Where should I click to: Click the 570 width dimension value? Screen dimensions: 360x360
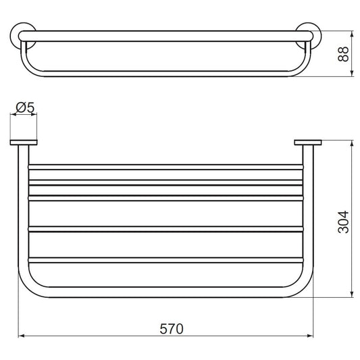tap(172, 329)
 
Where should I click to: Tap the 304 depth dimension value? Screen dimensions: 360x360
tap(344, 222)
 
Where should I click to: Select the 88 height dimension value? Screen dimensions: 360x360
tap(344, 54)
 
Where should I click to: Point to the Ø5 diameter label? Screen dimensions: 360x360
tap(25, 107)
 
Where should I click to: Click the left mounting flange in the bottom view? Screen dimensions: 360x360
tap(24, 143)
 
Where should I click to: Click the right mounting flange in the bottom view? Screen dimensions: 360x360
tap(308, 143)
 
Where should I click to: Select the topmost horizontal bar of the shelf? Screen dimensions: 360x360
tap(165, 167)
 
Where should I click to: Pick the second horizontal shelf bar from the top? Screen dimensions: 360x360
tap(165, 182)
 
